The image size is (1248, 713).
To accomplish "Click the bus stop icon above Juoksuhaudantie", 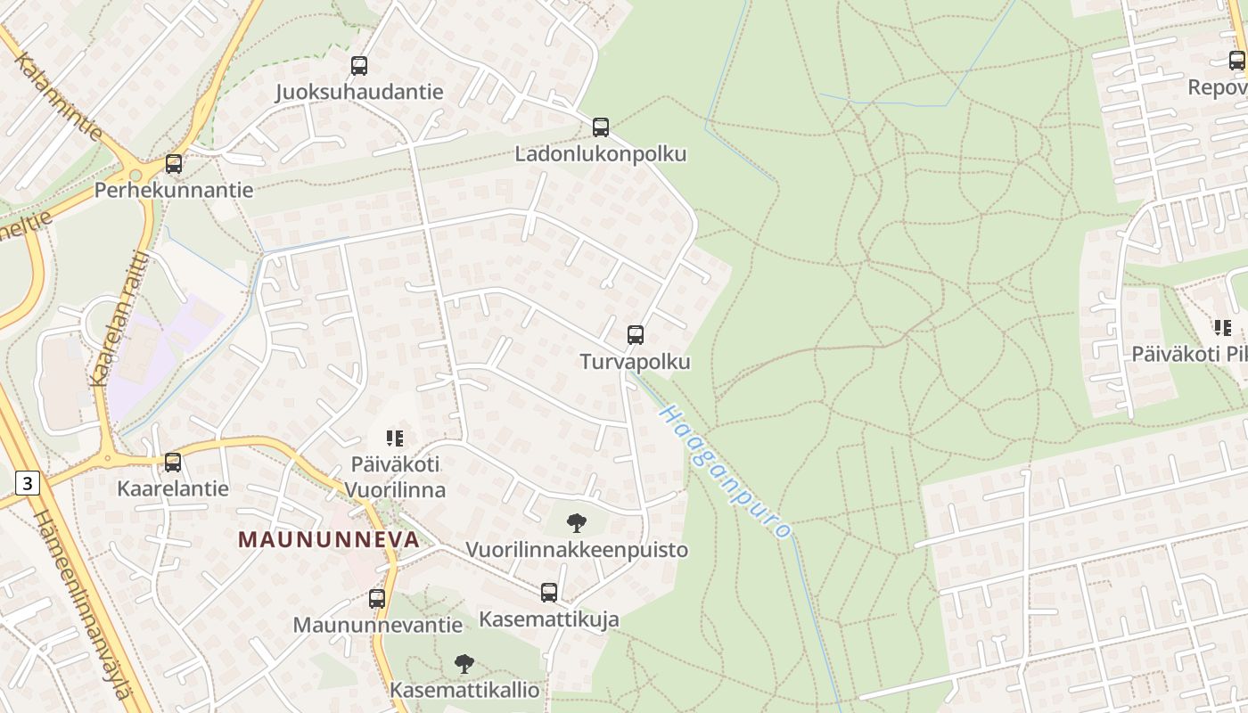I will pyautogui.click(x=359, y=65).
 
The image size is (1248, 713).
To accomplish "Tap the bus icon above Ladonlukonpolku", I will pyautogui.click(x=601, y=127).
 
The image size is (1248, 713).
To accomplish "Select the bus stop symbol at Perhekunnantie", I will pyautogui.click(x=174, y=164).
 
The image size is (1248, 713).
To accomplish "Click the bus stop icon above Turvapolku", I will pyautogui.click(x=635, y=335).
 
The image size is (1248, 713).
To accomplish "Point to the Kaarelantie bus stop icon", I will pyautogui.click(x=173, y=463).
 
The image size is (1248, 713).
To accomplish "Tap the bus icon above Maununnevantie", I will pyautogui.click(x=377, y=598).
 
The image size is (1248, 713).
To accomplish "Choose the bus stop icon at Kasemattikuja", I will pyautogui.click(x=549, y=592).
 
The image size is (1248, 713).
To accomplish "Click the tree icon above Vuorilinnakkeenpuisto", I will pyautogui.click(x=577, y=523).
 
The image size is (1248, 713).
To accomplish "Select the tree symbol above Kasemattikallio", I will pyautogui.click(x=464, y=663).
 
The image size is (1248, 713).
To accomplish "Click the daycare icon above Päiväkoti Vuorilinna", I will pyautogui.click(x=395, y=438).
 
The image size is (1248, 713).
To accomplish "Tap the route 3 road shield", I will pyautogui.click(x=28, y=484).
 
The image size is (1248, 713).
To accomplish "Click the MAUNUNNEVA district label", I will pyautogui.click(x=328, y=539).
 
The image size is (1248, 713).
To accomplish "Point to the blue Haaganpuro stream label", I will pyautogui.click(x=726, y=471).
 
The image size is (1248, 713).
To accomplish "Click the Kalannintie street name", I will pyautogui.click(x=59, y=96).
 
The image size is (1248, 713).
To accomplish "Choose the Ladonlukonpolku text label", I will pyautogui.click(x=601, y=154).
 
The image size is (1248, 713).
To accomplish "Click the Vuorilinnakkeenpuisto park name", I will pyautogui.click(x=577, y=550).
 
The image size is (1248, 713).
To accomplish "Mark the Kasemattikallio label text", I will pyautogui.click(x=464, y=690).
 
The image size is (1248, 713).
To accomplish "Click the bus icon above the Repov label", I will pyautogui.click(x=1237, y=61).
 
